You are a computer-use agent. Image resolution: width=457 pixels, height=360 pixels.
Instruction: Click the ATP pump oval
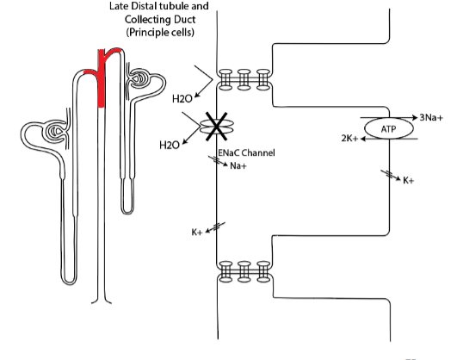tap(388, 128)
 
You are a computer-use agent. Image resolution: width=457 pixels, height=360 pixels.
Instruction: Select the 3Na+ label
tap(431, 118)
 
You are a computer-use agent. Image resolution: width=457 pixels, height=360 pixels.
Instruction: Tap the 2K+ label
tap(349, 139)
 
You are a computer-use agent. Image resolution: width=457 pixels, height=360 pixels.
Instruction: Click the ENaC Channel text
tap(246, 152)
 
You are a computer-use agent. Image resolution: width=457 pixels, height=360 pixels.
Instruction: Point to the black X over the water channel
tap(216, 127)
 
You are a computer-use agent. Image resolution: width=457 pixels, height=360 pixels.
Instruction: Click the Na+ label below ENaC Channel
tap(238, 166)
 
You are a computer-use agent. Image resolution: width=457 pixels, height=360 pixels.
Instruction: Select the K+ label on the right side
tap(408, 181)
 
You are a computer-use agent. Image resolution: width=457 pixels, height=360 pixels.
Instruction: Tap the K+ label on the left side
tap(197, 233)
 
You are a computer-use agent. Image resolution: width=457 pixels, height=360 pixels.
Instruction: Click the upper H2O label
tap(182, 99)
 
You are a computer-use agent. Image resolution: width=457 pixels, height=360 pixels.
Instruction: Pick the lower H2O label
tap(170, 145)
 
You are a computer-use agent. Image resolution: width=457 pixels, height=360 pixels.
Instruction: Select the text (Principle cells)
tap(160, 32)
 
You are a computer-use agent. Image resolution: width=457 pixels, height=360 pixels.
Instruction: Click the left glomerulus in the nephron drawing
tap(55, 131)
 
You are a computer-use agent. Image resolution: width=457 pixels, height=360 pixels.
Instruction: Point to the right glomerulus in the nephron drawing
tap(139, 78)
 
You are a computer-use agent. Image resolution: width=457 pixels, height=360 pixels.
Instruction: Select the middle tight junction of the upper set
tap(244, 79)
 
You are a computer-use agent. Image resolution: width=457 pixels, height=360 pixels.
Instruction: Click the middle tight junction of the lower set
tap(244, 271)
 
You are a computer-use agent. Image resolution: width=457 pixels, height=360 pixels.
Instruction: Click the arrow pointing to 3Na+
tap(389, 118)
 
